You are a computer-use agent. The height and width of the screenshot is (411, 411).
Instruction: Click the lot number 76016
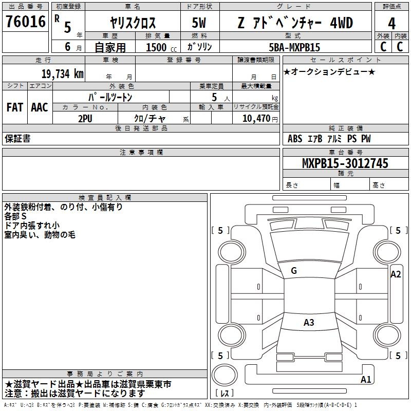(26, 22)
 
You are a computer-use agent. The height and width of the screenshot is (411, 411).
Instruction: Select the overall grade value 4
(391, 24)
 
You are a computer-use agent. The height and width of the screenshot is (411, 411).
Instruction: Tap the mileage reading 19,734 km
(62, 74)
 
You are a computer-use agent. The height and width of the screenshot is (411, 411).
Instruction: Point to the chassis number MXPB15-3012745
(345, 163)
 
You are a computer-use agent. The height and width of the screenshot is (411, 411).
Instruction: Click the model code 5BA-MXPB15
(294, 47)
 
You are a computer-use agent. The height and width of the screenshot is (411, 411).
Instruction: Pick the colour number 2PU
(85, 119)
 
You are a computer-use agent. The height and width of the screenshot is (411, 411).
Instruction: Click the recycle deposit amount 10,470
(256, 119)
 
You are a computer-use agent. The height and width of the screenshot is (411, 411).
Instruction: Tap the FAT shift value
(15, 107)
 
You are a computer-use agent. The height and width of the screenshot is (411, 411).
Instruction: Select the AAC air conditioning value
(40, 107)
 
